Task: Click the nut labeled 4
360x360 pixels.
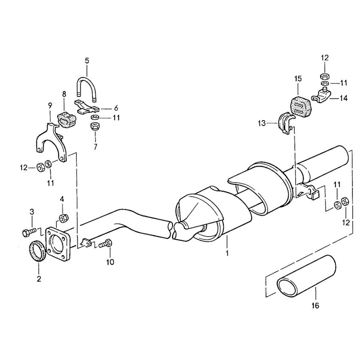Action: [x=62, y=217]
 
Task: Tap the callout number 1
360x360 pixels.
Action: [x=227, y=253]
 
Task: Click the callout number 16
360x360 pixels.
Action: [x=316, y=306]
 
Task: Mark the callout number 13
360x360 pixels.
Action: [x=262, y=123]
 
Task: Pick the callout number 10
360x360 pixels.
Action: [x=110, y=262]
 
